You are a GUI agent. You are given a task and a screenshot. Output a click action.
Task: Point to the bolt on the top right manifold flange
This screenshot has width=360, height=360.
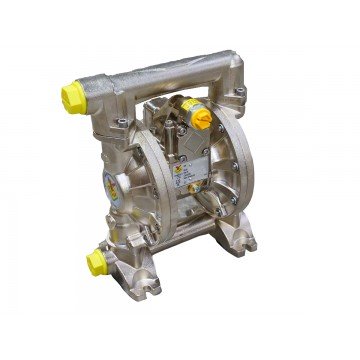[240, 96]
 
